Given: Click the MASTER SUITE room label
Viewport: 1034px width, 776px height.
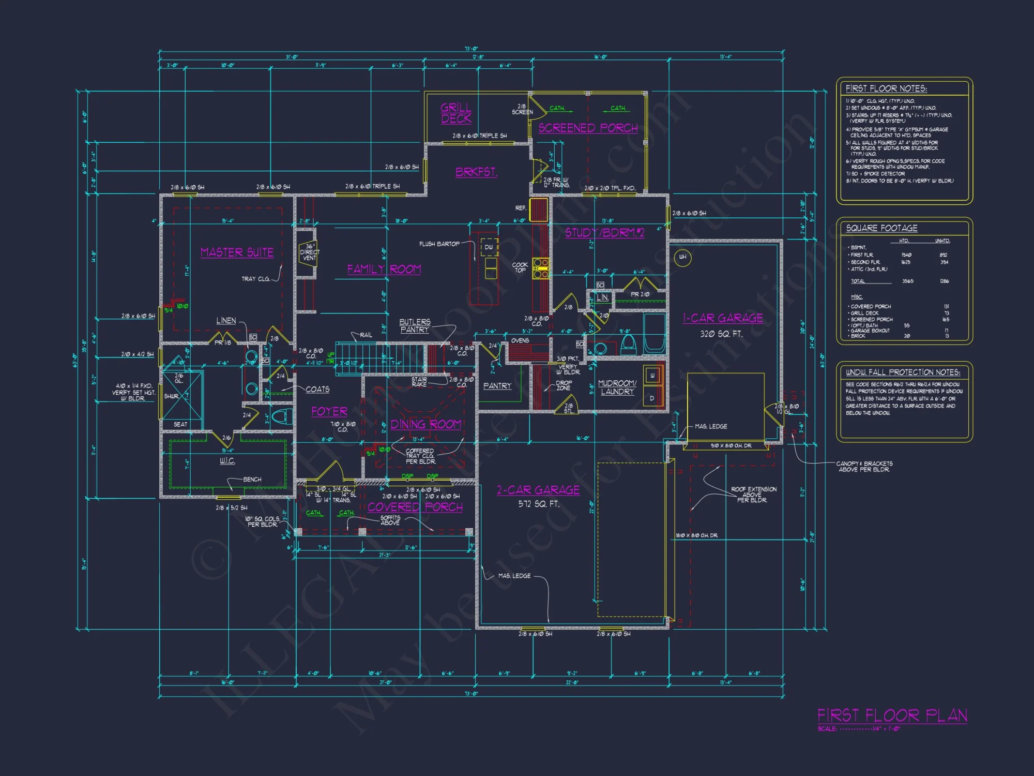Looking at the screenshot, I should pyautogui.click(x=237, y=252).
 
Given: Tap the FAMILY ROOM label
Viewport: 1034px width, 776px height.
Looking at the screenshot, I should pyautogui.click(x=384, y=269).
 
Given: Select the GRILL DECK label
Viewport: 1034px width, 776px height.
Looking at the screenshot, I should pyautogui.click(x=456, y=113).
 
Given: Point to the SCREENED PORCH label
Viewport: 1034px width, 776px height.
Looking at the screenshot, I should pyautogui.click(x=588, y=128).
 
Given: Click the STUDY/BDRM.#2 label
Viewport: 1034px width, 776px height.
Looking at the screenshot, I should pyautogui.click(x=604, y=233).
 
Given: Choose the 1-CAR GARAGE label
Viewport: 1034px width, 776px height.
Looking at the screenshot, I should pyautogui.click(x=723, y=318).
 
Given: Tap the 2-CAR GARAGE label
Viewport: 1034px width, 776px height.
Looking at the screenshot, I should pyautogui.click(x=538, y=490).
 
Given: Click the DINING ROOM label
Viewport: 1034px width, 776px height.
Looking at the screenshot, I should pyautogui.click(x=425, y=424).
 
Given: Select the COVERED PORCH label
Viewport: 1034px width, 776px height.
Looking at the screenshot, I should pyautogui.click(x=415, y=507).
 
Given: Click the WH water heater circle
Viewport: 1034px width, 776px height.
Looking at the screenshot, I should pyautogui.click(x=683, y=257).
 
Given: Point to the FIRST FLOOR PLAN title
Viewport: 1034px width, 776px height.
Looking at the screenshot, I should pyautogui.click(x=892, y=715).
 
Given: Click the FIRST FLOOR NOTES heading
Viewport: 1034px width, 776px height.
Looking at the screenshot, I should pyautogui.click(x=886, y=88).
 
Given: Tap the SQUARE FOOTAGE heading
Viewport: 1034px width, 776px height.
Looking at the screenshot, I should pyautogui.click(x=881, y=228).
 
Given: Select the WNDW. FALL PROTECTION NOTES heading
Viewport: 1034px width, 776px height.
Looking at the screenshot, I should pyautogui.click(x=903, y=372).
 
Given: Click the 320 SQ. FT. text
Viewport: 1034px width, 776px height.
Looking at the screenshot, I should pyautogui.click(x=721, y=334).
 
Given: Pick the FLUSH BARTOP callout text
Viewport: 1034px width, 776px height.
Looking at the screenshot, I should pyautogui.click(x=439, y=244).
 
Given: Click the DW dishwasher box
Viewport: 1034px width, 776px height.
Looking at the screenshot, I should pyautogui.click(x=489, y=247).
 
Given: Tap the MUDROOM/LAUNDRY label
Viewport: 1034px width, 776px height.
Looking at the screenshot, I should pyautogui.click(x=617, y=387).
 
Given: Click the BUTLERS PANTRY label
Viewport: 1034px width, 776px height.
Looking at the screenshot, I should pyautogui.click(x=415, y=325).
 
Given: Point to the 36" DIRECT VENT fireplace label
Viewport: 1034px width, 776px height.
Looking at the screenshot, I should pyautogui.click(x=309, y=252).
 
